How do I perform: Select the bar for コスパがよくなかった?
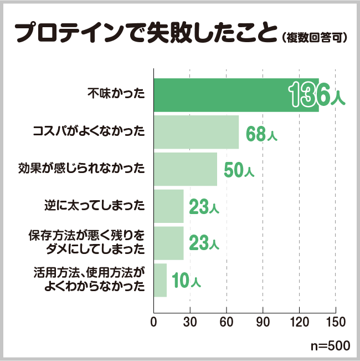pyautogui.click(x=196, y=132)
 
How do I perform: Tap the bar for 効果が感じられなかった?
pyautogui.click(x=185, y=169)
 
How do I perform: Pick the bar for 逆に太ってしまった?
pyautogui.click(x=168, y=206)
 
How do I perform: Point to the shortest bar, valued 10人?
pyautogui.click(x=160, y=280)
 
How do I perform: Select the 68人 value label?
pyautogui.click(x=261, y=134)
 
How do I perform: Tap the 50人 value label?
pyautogui.click(x=239, y=170)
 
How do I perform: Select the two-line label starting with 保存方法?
pyautogui.click(x=86, y=242)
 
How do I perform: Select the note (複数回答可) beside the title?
pyautogui.click(x=314, y=38)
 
